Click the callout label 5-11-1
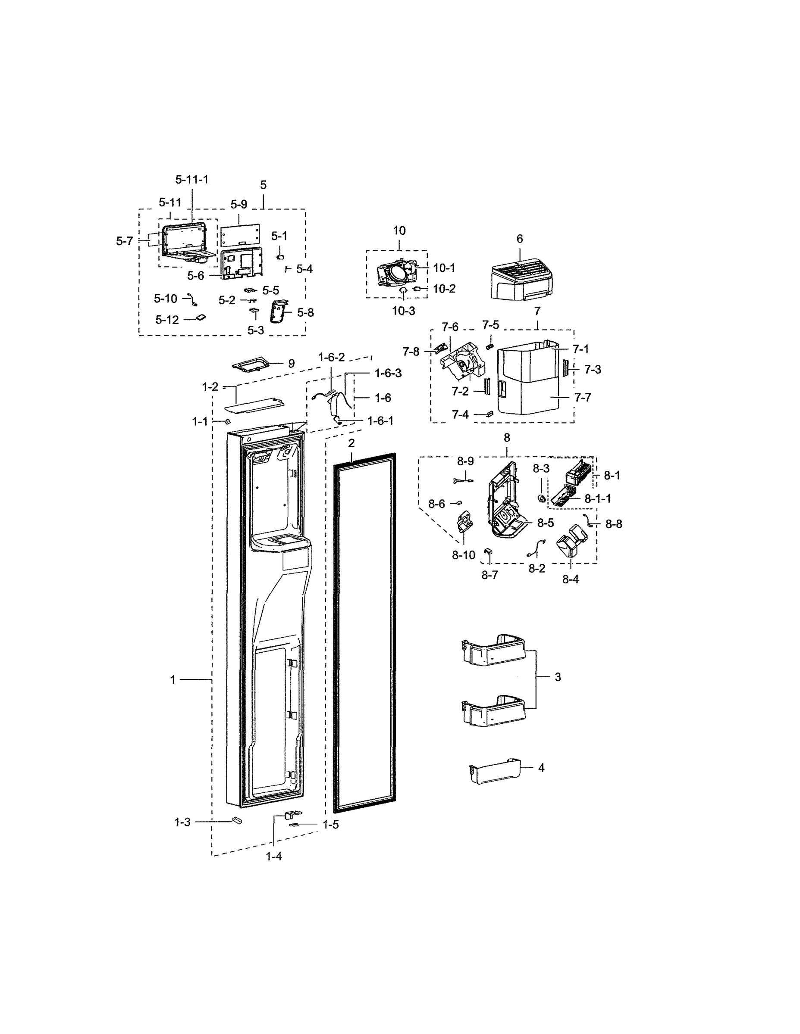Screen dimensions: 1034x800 191,179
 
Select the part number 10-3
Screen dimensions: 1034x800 403,311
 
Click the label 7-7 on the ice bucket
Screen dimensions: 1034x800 583,397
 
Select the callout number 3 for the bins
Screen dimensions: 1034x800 558,677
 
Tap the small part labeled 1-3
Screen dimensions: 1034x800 237,820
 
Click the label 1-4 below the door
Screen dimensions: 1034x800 274,856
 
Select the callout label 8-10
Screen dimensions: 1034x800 464,555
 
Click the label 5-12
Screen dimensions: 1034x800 167,320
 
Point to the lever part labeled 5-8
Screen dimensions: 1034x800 279,311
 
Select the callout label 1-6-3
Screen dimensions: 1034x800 388,373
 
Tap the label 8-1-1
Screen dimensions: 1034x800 598,498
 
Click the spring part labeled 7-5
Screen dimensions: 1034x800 490,340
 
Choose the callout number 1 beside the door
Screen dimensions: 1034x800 173,680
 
